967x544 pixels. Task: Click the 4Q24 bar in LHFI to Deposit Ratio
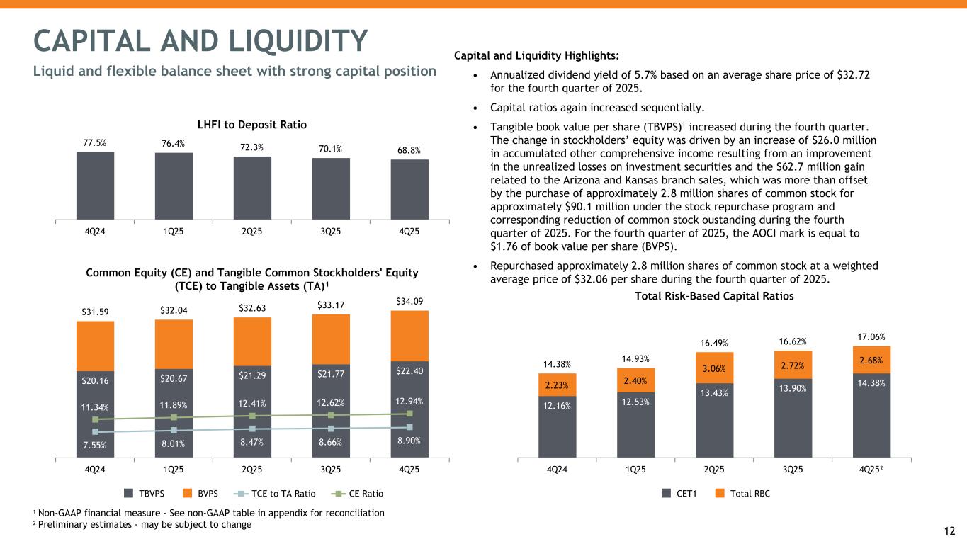point(95,185)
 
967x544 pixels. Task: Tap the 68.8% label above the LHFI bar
point(409,150)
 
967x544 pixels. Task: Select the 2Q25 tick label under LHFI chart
point(252,231)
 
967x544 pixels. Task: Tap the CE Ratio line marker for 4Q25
point(409,414)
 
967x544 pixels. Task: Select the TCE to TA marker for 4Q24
point(95,432)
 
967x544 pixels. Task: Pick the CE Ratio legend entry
point(356,493)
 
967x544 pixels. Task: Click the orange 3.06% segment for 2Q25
point(714,368)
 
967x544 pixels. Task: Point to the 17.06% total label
point(871,337)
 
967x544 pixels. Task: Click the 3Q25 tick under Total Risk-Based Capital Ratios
point(793,469)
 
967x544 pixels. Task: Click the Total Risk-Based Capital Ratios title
point(714,296)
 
